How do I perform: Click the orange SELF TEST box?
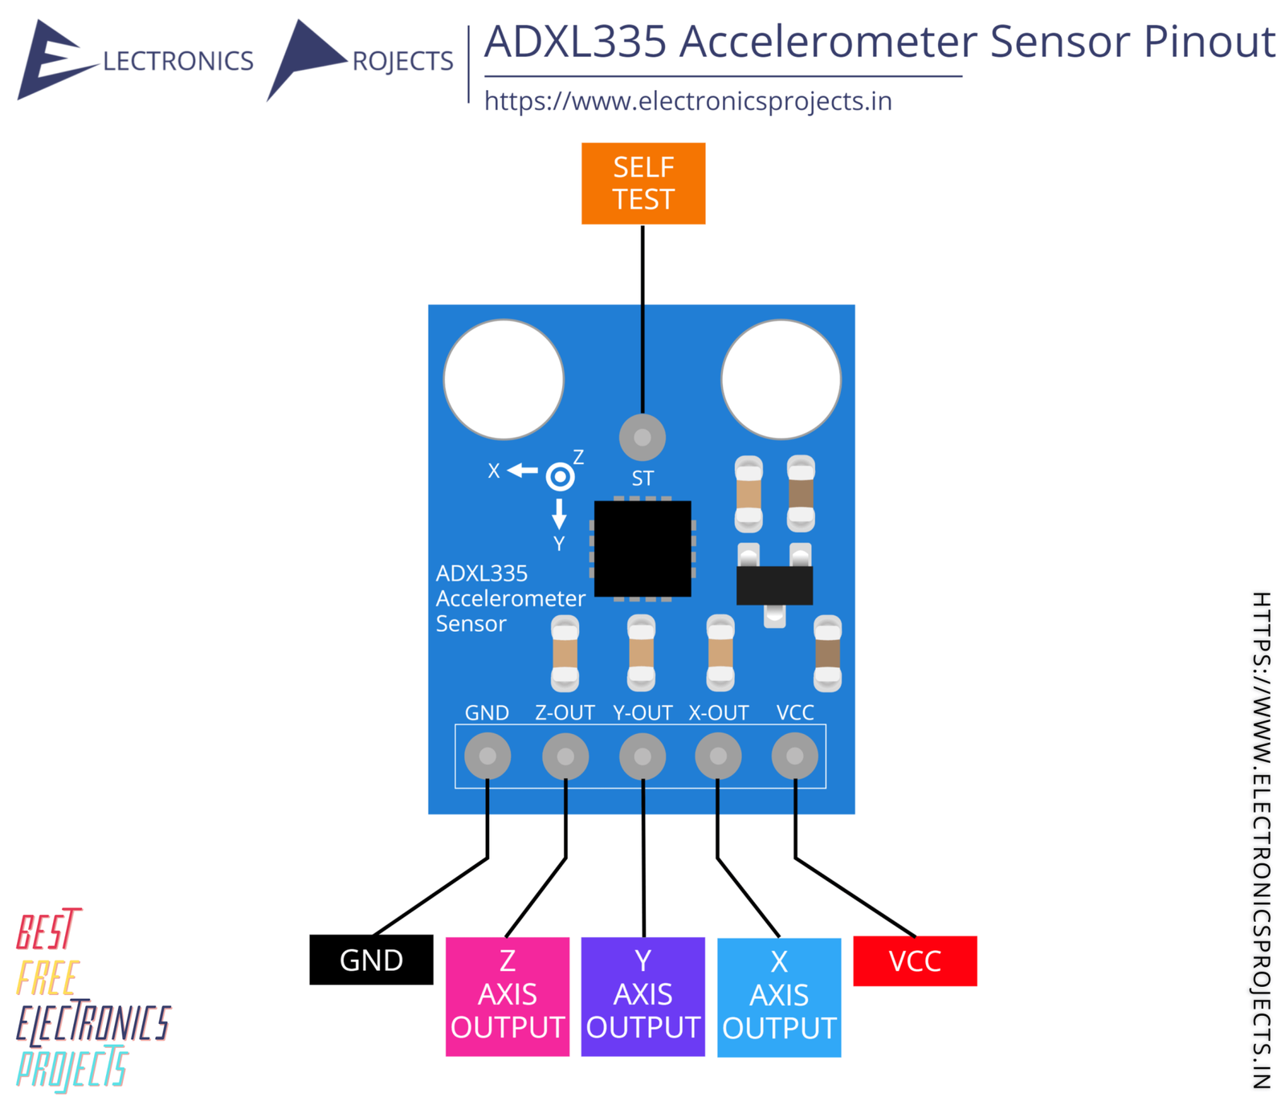642,183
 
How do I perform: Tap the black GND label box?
371,960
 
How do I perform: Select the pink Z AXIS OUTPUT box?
507,996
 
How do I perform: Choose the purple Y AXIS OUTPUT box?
642,996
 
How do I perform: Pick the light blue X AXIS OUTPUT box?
778,997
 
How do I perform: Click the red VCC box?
914,960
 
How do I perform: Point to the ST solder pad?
642,438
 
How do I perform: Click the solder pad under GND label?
487,756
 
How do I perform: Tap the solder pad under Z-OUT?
565,756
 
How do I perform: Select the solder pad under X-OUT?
718,756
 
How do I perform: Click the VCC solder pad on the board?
794,756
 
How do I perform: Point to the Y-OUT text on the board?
642,712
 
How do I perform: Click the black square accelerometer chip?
642,548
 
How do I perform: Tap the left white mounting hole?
504,379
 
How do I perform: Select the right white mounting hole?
781,379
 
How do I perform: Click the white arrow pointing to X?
523,470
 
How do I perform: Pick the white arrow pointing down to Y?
559,513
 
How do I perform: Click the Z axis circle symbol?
560,477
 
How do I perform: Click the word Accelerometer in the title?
827,42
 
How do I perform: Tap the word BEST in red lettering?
48,931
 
